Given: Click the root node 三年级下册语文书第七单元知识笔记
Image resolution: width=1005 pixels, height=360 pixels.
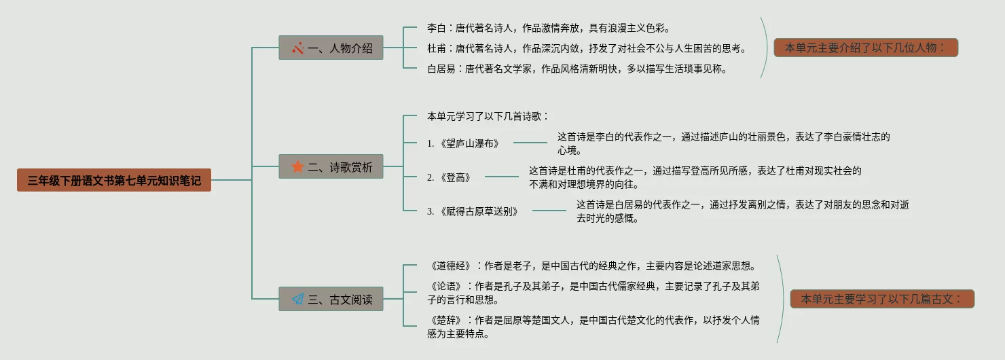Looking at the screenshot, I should click(114, 180).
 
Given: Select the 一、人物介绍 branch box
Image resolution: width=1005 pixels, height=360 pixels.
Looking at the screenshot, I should click(331, 48).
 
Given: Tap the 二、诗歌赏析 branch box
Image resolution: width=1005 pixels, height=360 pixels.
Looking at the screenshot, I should click(331, 167).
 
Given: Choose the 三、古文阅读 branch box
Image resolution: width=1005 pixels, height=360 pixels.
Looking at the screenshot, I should click(331, 299).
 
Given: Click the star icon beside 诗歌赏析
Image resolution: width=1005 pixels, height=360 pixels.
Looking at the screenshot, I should click(297, 167).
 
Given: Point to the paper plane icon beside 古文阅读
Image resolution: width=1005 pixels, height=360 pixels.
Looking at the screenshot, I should click(297, 299).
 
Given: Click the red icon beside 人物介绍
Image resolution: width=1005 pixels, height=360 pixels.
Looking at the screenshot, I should click(297, 48).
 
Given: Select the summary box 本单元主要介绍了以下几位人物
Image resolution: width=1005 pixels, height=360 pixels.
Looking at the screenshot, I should click(866, 48).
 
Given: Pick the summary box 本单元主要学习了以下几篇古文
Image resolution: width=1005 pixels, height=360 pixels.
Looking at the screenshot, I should click(882, 299).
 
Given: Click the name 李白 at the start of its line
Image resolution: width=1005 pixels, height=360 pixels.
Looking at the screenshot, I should click(436, 29).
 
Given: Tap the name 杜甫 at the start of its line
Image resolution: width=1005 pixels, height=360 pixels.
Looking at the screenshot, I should click(436, 48).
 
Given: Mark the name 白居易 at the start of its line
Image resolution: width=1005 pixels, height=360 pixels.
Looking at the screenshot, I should click(441, 69).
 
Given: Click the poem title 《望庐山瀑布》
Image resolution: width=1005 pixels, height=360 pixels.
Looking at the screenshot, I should click(469, 143).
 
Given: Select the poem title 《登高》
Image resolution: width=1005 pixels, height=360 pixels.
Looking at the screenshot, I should click(455, 177).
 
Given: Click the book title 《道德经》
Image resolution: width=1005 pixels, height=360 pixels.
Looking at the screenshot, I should click(450, 266).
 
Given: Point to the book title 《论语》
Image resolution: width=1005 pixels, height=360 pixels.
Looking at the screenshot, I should click(445, 286).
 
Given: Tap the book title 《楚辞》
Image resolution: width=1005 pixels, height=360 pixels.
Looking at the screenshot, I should click(445, 320).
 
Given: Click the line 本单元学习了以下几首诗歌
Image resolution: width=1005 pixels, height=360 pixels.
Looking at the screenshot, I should click(488, 116).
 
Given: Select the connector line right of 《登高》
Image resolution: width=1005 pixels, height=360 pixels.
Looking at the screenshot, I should click(502, 177).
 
